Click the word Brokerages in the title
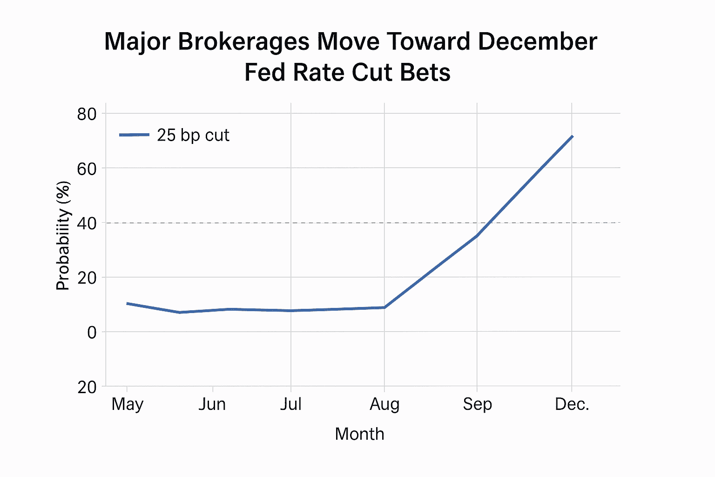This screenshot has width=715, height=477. pos(243,41)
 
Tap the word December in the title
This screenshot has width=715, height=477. pos(537,41)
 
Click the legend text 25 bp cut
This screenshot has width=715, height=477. pos(193,135)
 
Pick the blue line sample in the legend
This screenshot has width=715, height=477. pos(134,135)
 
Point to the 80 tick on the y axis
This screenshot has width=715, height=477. pos(87,114)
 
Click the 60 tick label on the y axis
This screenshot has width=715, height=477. pos(87,169)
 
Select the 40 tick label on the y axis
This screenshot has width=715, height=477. pos(87,223)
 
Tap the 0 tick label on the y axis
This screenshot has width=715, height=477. pos(92,333)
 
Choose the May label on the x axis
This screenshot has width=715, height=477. pos(127,404)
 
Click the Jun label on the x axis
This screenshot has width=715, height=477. pos(212,404)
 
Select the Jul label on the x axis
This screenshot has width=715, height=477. pos(291,404)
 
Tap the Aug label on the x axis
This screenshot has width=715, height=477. pos(384,404)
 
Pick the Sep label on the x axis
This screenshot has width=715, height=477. pos(477,404)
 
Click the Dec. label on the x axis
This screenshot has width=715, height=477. pos(572,404)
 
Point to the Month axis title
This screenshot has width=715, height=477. pos(359,434)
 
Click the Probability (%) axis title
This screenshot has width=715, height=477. pos(63,236)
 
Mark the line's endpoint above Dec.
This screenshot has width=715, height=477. pos(572,136)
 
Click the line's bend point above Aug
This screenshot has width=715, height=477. pos(384,307)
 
